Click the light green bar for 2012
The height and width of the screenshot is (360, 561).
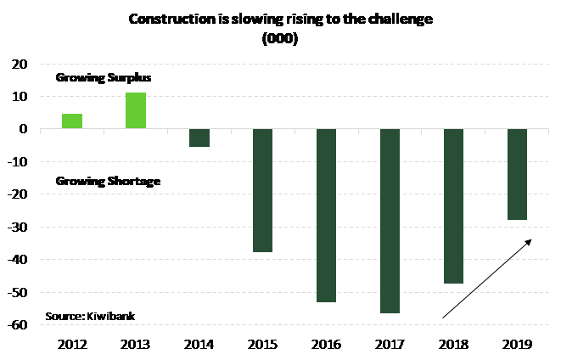coord(72,121)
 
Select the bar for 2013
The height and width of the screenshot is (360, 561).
coord(136,110)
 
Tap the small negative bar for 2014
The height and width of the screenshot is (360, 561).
coord(199,138)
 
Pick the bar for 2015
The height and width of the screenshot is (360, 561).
coord(263,190)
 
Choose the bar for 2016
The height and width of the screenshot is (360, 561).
coord(327,216)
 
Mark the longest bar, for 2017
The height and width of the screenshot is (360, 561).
coord(390,221)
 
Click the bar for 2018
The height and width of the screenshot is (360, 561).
coord(454,206)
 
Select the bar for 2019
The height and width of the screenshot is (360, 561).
coord(517,174)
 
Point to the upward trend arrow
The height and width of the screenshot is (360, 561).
coord(486,278)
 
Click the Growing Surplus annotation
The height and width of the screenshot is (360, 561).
coord(104,77)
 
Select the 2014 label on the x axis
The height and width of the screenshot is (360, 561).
coord(199,344)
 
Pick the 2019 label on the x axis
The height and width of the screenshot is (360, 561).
coord(517,344)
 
